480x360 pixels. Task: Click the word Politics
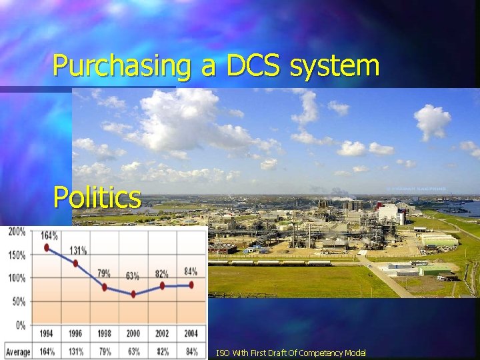[x=97, y=197]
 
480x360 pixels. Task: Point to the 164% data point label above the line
[x=48, y=235]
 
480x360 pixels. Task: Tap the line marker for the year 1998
[x=105, y=287]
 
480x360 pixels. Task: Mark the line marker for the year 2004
[x=191, y=285]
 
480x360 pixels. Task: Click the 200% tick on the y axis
[x=16, y=232]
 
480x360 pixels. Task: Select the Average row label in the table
[x=18, y=351]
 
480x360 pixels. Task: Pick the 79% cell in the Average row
[x=105, y=351]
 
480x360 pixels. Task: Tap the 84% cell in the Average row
[x=191, y=351]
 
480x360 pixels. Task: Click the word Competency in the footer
[x=320, y=353]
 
